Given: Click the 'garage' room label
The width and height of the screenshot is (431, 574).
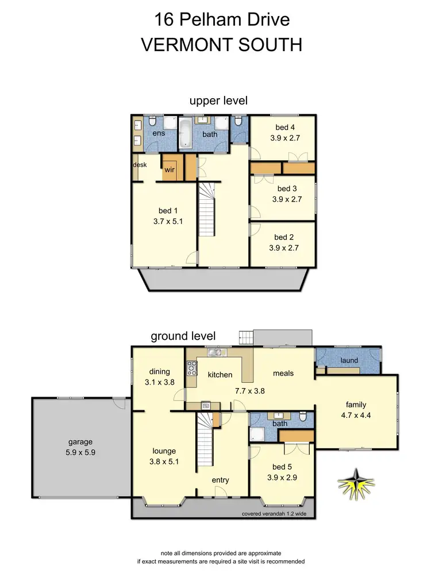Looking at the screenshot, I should click(79, 442).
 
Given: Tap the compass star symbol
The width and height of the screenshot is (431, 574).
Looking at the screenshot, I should click(357, 483).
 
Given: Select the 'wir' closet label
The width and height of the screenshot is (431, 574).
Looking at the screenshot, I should click(170, 170).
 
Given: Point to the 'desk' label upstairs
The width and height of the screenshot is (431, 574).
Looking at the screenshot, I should click(140, 165).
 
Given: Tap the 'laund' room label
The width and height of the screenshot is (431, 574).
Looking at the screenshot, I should click(349, 360).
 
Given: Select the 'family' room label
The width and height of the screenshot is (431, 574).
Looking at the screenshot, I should click(355, 405).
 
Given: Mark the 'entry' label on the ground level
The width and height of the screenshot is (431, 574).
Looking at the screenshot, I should click(221, 480).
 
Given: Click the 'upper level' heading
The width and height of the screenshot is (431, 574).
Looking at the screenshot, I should click(218, 100).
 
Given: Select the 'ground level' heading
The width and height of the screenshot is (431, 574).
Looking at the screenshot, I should click(183, 336).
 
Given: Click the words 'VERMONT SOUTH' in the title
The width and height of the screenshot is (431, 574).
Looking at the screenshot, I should click(221, 45).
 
